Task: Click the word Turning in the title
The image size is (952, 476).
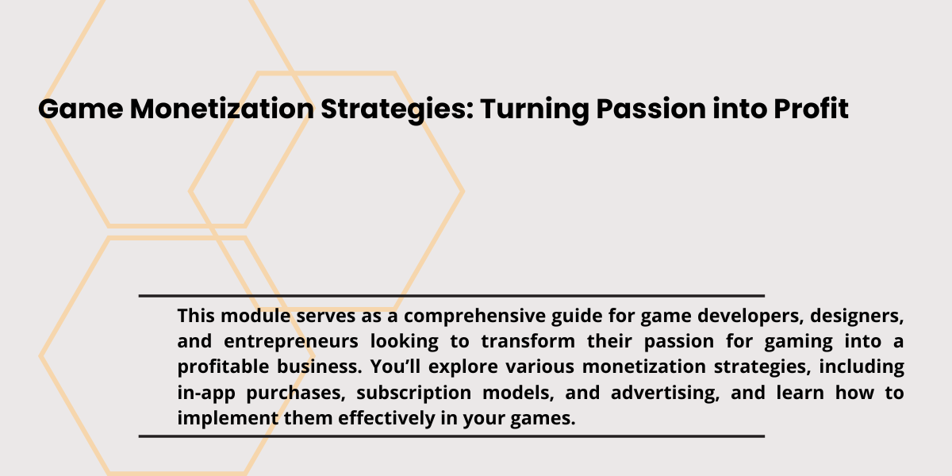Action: coord(535,110)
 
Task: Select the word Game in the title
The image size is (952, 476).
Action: coord(81,109)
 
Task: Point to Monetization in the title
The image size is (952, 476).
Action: coord(222,109)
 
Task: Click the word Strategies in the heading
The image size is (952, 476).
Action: coord(397,110)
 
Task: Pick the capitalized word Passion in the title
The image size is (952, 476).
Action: coord(651,109)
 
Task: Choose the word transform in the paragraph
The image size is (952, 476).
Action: coord(528,341)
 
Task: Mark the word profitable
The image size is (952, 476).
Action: coord(224,367)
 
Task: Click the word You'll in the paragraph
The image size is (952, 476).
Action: coord(395,367)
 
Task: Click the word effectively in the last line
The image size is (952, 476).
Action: coord(386,419)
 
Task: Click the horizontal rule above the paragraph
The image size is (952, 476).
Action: coord(451,295)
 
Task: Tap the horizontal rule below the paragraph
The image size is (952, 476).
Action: coord(451,436)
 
